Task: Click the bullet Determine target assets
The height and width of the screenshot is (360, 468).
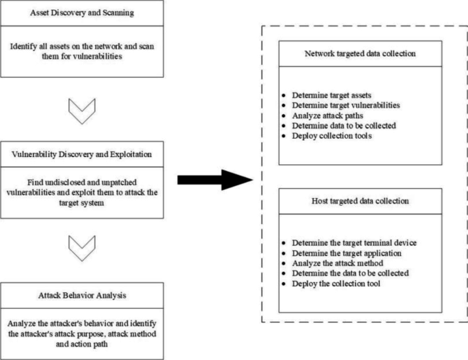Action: point(333,95)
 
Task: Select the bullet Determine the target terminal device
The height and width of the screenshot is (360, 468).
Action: point(353,243)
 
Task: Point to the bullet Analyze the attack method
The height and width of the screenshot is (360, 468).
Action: point(337,263)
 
